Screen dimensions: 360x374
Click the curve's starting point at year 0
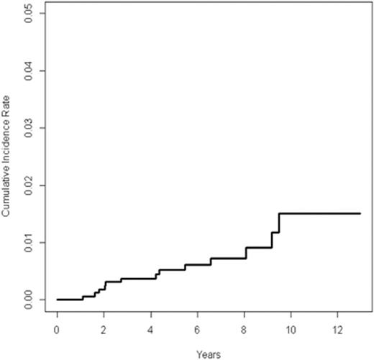pos(57,299)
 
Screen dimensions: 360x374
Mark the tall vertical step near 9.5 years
pos(279,223)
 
